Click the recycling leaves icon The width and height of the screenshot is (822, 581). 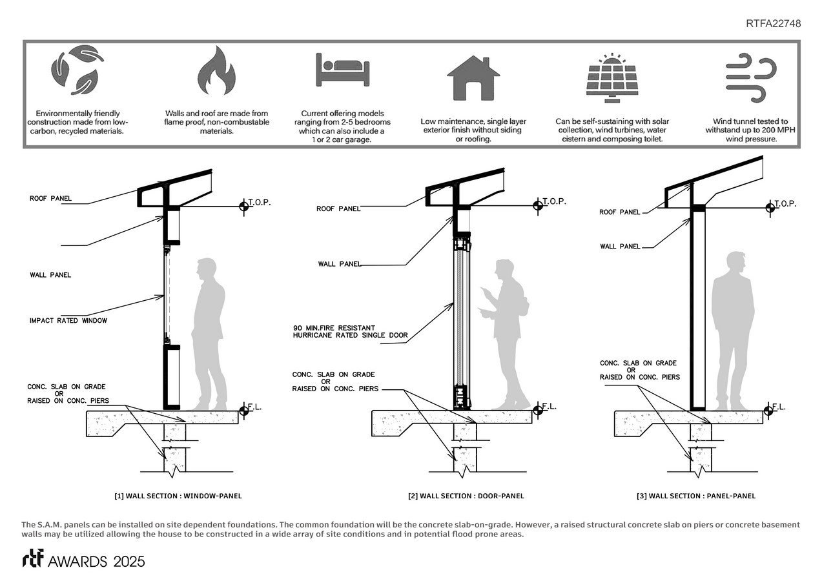click(77, 70)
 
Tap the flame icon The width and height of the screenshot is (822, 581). click(216, 70)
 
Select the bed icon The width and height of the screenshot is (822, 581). click(342, 70)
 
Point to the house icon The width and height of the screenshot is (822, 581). click(473, 77)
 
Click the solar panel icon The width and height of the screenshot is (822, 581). click(611, 78)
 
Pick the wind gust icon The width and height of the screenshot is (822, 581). click(750, 78)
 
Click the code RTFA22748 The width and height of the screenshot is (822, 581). click(773, 24)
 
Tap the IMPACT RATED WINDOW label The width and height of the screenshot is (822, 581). click(68, 321)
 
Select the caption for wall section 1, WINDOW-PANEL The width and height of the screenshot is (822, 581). click(178, 496)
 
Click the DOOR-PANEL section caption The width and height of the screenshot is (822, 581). click(466, 496)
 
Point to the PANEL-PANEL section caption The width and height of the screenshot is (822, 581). click(695, 496)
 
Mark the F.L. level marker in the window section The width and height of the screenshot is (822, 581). click(244, 409)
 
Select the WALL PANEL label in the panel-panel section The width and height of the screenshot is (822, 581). click(620, 246)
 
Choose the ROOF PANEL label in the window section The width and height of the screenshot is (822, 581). click(50, 198)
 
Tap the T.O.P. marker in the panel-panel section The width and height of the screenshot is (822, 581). click(769, 207)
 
